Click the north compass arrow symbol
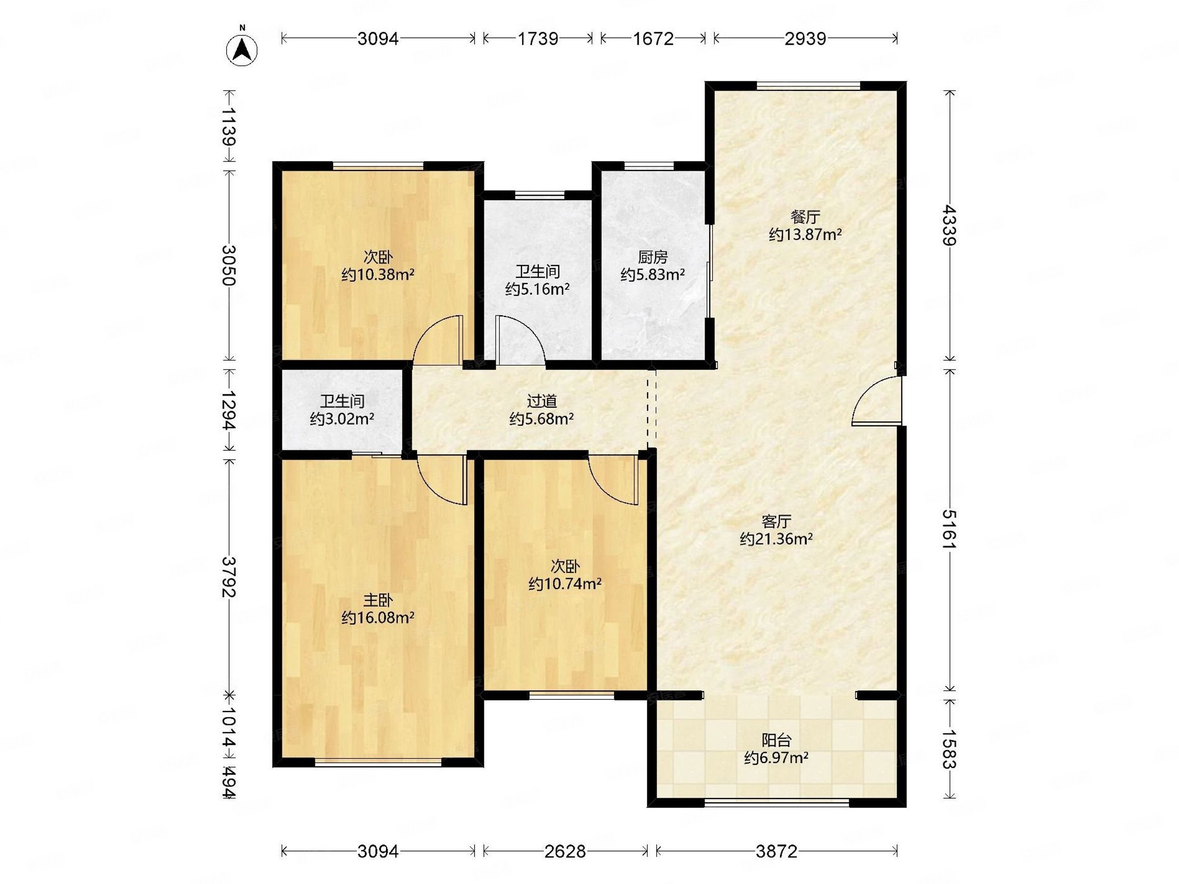pyautogui.click(x=242, y=50)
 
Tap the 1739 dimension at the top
pyautogui.click(x=538, y=38)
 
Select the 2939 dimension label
pyautogui.click(x=805, y=38)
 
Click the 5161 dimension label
pyautogui.click(x=949, y=529)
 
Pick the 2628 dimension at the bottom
pyautogui.click(x=565, y=852)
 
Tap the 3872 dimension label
pyautogui.click(x=776, y=852)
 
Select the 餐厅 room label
pyautogui.click(x=805, y=217)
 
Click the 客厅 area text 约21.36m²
pyautogui.click(x=776, y=539)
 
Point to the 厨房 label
pyautogui.click(x=652, y=257)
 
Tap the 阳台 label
pyautogui.click(x=776, y=740)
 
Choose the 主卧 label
pyautogui.click(x=378, y=601)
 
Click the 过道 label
pyautogui.click(x=541, y=401)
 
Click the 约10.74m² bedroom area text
pyautogui.click(x=565, y=584)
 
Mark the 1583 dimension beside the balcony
pyautogui.click(x=949, y=749)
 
